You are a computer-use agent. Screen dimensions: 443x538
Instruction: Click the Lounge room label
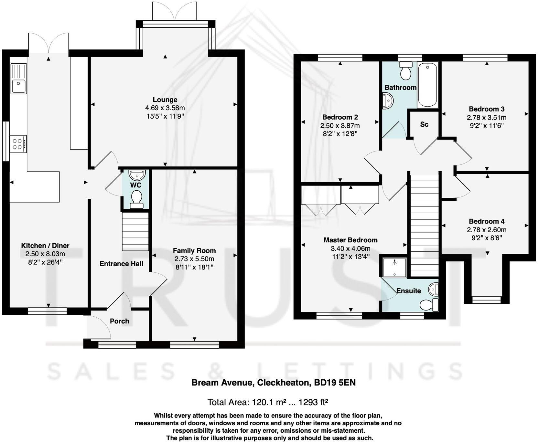point(165,100)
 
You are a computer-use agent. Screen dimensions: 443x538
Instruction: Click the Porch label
point(119,321)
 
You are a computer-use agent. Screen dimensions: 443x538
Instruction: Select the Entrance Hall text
point(121,264)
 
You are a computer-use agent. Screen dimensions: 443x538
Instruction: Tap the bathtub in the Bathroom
point(427,85)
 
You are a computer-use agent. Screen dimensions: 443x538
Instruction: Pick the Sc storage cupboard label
point(424,124)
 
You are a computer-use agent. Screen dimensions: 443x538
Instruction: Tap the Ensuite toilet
point(429,305)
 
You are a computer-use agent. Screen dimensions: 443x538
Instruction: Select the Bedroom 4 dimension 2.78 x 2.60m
point(486,230)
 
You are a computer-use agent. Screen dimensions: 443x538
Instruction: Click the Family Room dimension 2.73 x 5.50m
point(194,259)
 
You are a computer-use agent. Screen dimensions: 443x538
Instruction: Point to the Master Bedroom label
point(350,240)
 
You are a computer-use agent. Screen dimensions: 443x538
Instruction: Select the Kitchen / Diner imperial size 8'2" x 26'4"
point(45,262)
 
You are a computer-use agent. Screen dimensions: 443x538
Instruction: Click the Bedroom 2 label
point(340,117)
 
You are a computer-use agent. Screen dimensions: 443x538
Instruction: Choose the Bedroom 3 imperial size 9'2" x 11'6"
point(487,126)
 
